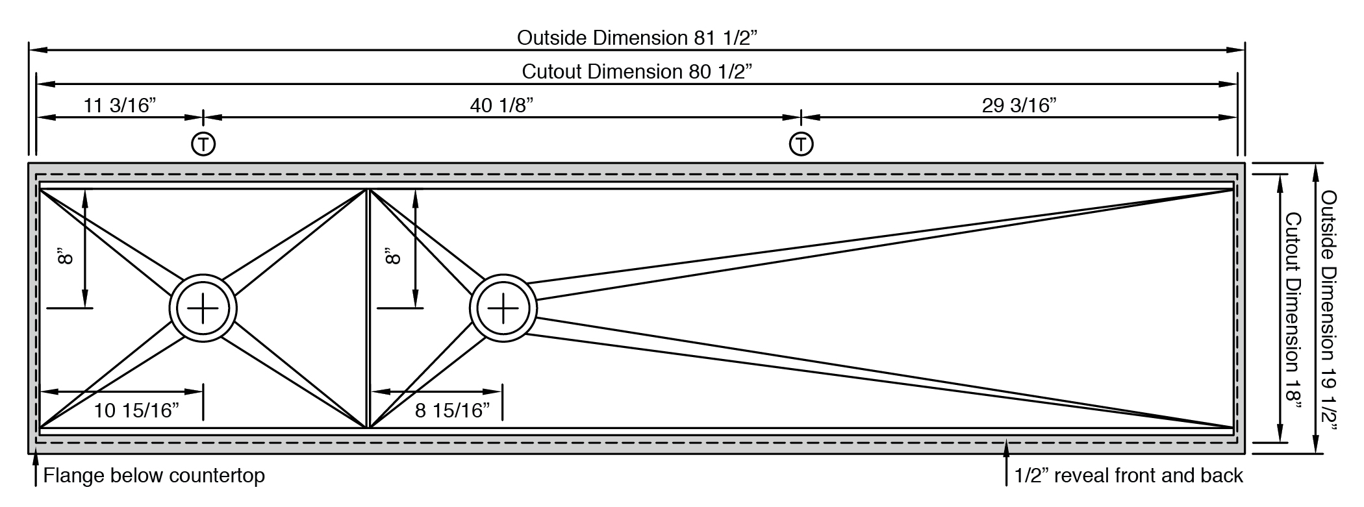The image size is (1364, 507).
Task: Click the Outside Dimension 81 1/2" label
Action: point(637,38)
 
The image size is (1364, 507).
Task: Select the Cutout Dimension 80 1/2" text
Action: point(637,71)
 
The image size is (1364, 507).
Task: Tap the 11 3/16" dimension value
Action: point(120,105)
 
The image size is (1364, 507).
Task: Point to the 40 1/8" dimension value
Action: point(501,105)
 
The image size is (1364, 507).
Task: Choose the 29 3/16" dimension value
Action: point(1019,105)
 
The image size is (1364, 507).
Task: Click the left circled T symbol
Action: point(203,144)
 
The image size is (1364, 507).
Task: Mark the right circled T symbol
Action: point(802,144)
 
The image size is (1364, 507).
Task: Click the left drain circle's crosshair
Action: point(203,308)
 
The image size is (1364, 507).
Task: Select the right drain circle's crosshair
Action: point(503,308)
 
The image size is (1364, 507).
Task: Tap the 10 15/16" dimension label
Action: point(136,410)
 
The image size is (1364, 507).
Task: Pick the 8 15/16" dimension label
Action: point(453,410)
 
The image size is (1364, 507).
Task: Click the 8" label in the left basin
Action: point(65,256)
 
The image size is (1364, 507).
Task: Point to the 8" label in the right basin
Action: point(394,256)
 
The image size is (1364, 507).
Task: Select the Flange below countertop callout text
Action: point(154,476)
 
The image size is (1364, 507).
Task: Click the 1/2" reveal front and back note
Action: point(1129,476)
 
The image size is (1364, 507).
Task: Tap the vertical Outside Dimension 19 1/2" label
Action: point(1329,311)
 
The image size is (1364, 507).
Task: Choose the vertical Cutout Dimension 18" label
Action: point(1293,311)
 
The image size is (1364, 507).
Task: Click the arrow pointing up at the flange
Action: point(35,471)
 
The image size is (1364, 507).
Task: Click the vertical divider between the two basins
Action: point(368,308)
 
